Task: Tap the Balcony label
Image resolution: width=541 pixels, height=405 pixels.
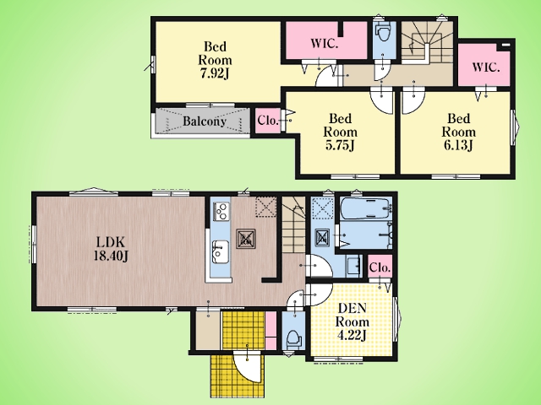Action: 205,121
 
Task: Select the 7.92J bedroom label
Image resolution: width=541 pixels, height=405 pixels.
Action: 215,60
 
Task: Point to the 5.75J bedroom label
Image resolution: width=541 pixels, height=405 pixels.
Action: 340,132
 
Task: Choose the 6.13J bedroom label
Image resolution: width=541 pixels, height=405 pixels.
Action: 458,132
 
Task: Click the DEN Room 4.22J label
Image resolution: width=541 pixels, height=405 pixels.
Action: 352,322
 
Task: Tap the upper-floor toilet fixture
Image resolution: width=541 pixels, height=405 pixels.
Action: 383,32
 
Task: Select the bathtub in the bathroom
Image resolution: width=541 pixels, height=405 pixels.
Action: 366,208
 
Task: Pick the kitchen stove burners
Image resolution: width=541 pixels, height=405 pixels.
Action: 221,211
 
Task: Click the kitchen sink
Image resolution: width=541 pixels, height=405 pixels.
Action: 220,251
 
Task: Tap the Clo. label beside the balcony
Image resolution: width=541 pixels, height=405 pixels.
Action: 268,121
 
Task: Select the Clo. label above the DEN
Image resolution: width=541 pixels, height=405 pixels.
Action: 380,267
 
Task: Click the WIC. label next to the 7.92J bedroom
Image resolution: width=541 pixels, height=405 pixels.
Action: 324,44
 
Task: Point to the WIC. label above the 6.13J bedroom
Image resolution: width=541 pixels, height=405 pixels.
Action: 485,67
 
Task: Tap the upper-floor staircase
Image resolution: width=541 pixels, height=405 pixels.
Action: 427,42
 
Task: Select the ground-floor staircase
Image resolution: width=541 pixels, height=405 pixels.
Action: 293,224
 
